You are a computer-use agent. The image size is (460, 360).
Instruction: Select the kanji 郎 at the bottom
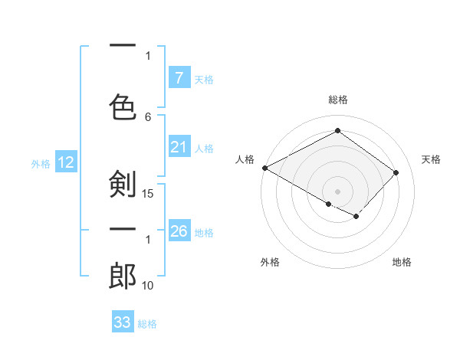pyautogui.click(x=123, y=276)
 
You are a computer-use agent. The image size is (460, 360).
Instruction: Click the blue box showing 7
pyautogui.click(x=179, y=78)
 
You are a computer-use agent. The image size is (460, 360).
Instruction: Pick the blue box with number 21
pyautogui.click(x=179, y=147)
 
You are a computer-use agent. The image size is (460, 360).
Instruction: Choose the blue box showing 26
pyautogui.click(x=179, y=231)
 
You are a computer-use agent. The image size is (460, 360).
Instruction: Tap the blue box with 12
pyautogui.click(x=65, y=162)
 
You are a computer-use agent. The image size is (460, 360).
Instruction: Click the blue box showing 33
pyautogui.click(x=123, y=322)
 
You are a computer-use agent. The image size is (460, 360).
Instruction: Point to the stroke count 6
pyautogui.click(x=148, y=116)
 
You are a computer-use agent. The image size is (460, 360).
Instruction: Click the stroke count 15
pyautogui.click(x=149, y=193)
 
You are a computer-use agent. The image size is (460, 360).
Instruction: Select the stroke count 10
pyautogui.click(x=149, y=285)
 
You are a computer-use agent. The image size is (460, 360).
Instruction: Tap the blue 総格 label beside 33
pyautogui.click(x=147, y=324)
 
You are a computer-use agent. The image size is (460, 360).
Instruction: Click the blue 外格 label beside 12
pyautogui.click(x=40, y=163)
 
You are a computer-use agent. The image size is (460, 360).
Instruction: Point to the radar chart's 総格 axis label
pyautogui.click(x=337, y=100)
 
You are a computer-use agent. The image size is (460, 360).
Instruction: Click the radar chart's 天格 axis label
pyautogui.click(x=431, y=159)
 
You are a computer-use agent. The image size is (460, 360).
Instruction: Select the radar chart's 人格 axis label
pyautogui.click(x=245, y=159)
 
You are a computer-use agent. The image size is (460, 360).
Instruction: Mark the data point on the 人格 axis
pyautogui.click(x=264, y=167)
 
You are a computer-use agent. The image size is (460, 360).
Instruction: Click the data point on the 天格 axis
pyautogui.click(x=396, y=172)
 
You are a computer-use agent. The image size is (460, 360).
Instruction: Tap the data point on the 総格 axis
pyautogui.click(x=337, y=131)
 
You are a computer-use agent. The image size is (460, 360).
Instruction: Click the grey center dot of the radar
pyautogui.click(x=337, y=191)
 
